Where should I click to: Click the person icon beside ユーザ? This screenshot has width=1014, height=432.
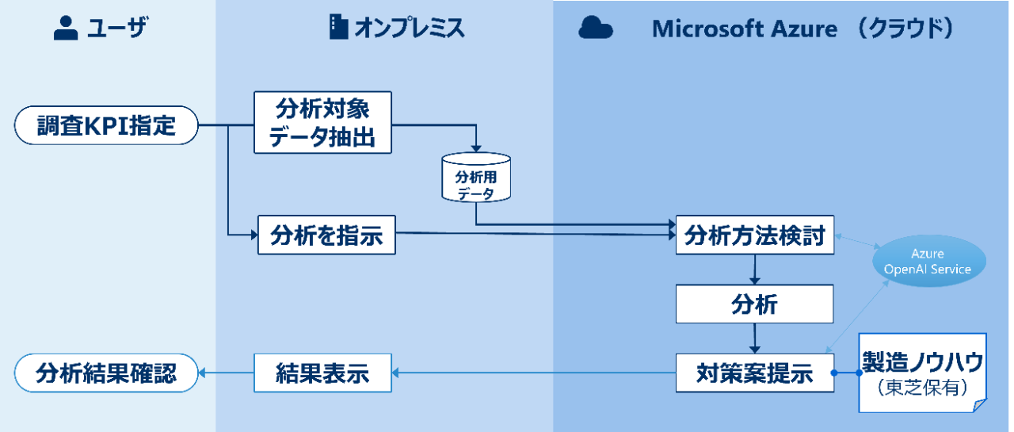tap(66, 28)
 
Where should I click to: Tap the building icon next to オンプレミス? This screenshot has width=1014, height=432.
tap(338, 27)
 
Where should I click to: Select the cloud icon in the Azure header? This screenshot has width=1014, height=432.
tap(596, 28)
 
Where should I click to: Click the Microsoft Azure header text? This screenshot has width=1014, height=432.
tap(745, 29)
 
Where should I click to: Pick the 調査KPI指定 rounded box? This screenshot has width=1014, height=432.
tap(106, 125)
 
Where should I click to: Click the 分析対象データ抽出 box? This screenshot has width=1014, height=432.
tap(322, 123)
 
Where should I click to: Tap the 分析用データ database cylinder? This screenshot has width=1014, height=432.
tap(476, 177)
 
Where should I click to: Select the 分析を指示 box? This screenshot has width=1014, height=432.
tap(326, 235)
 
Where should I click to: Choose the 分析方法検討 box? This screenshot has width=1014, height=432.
tap(755, 235)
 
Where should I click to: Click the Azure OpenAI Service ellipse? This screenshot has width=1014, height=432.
tap(929, 261)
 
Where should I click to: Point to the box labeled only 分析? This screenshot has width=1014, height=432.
tap(755, 304)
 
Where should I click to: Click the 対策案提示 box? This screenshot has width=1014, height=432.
tap(755, 373)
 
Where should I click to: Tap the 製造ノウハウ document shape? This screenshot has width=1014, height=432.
tap(923, 373)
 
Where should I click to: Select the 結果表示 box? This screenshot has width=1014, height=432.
tap(322, 373)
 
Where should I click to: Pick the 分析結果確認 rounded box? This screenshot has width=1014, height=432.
tap(106, 373)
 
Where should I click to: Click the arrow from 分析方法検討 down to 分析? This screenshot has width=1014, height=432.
tap(755, 270)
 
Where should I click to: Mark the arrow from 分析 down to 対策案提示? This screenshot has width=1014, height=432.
tap(755, 338)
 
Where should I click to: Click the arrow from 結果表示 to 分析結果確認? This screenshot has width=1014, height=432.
tap(227, 373)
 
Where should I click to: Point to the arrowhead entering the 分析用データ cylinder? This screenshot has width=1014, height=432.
tap(476, 148)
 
